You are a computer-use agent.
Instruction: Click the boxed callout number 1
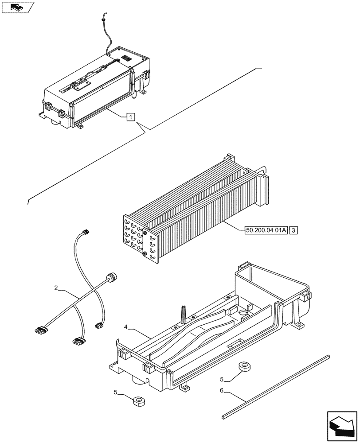coord(130,117)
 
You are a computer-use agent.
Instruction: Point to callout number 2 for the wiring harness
coord(56,288)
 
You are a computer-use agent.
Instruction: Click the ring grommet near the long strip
coord(244,366)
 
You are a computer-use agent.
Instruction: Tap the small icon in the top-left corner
coord(18,8)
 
